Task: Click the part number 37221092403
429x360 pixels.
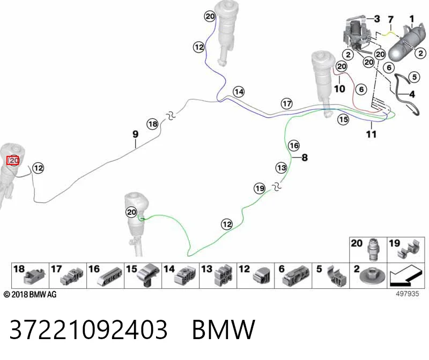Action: (88, 329)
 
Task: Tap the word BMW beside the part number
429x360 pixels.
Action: (224, 329)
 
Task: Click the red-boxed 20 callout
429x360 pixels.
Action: (13, 161)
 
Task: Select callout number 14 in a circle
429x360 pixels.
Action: (239, 92)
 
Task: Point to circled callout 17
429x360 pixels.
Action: (287, 103)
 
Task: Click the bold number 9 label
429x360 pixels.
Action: (136, 134)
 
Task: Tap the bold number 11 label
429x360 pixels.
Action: (371, 134)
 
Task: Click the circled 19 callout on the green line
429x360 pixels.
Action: (260, 189)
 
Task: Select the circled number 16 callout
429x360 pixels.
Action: (294, 145)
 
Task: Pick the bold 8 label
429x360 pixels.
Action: (305, 157)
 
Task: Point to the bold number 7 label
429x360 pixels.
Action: (391, 19)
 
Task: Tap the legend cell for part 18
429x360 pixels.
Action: (31, 275)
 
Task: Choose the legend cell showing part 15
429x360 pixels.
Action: (143, 275)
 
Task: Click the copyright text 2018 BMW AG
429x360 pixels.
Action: (30, 295)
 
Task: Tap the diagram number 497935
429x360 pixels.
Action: (408, 294)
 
